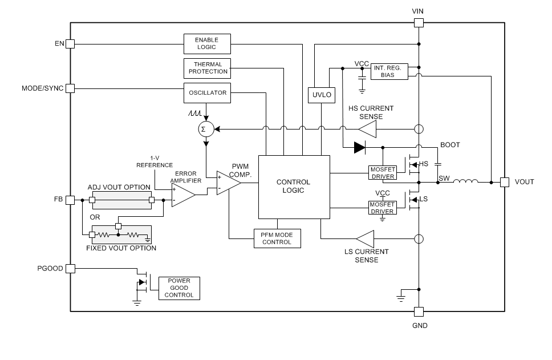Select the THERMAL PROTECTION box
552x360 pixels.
tap(208, 68)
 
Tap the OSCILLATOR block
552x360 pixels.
tap(208, 92)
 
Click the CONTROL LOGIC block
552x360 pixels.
tap(294, 187)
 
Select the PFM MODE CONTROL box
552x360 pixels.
tap(277, 238)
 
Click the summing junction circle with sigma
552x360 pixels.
tap(205, 130)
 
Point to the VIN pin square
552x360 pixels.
tap(418, 23)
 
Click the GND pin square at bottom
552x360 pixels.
tap(418, 312)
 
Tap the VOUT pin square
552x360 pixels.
tap(505, 182)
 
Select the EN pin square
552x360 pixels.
tap(70, 43)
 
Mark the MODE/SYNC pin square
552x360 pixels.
tap(70, 88)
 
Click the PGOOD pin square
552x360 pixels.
tap(70, 268)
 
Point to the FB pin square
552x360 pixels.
tap(70, 200)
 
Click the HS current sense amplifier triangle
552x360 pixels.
tap(368, 130)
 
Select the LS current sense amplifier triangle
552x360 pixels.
tap(365, 238)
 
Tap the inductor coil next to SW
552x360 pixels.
tap(465, 182)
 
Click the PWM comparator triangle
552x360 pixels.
tap(227, 183)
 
